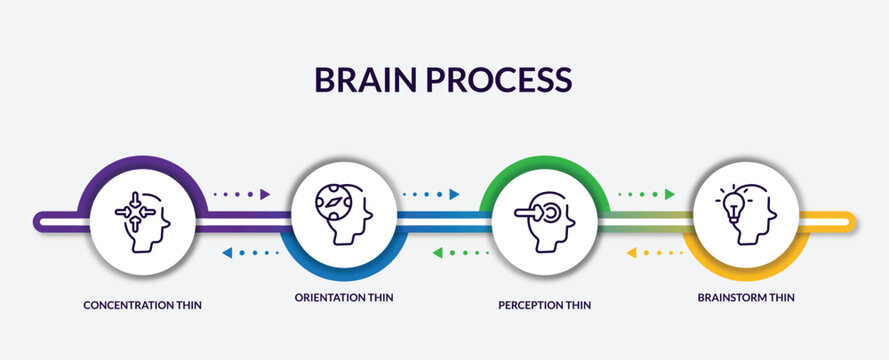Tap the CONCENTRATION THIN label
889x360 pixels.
pos(142,304)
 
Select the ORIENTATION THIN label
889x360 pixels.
pos(343,297)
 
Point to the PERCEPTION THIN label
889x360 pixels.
pos(544,304)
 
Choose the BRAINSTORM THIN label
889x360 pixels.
pos(746,297)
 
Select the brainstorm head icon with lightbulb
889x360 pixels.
pos(746,213)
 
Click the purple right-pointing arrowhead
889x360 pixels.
pos(265,194)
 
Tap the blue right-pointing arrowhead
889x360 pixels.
pos(454,194)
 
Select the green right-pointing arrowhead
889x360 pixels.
pos(669,194)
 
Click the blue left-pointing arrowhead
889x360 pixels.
pos(227,253)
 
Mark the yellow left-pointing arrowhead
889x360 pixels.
pos(631,253)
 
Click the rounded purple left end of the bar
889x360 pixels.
pos(40,220)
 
